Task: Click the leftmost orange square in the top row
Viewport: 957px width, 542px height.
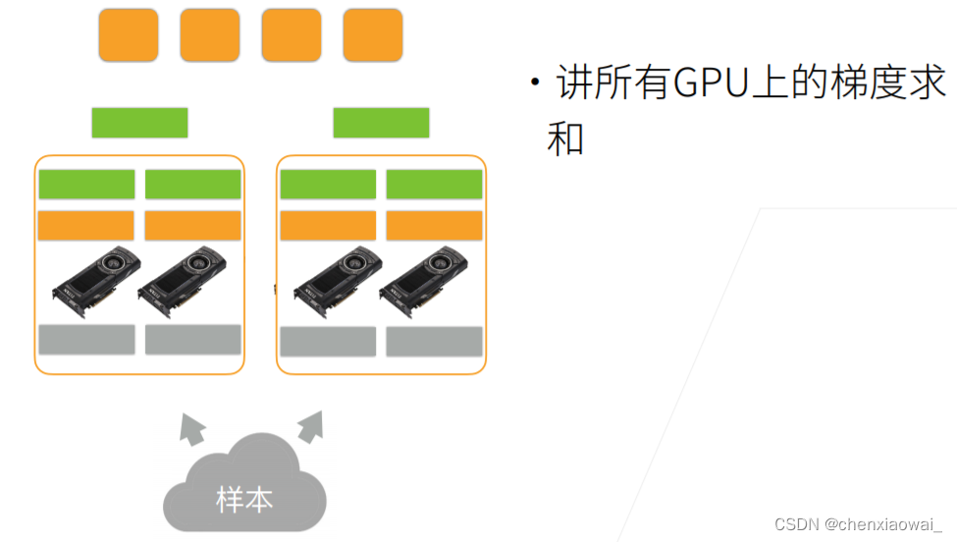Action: pos(128,35)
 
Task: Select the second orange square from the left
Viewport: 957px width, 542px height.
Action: pos(209,35)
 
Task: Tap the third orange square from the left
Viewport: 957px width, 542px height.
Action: pos(291,35)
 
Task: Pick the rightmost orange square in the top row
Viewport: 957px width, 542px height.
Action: pos(372,35)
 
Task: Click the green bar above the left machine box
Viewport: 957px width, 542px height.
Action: pos(139,123)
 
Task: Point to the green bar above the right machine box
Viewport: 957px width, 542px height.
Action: pos(381,123)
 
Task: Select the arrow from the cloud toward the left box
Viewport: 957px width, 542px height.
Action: pos(192,427)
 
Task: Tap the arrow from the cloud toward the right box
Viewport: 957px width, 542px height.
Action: pos(310,426)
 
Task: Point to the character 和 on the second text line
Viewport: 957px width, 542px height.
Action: pos(566,138)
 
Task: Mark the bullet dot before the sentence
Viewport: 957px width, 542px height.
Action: pos(535,81)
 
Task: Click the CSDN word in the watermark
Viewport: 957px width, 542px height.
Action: pos(797,524)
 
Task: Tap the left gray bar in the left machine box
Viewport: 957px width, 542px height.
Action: pos(86,340)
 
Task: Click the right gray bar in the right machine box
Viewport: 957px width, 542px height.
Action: pos(434,341)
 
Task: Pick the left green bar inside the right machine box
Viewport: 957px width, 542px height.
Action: pos(328,185)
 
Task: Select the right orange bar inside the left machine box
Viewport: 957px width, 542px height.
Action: pos(192,226)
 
